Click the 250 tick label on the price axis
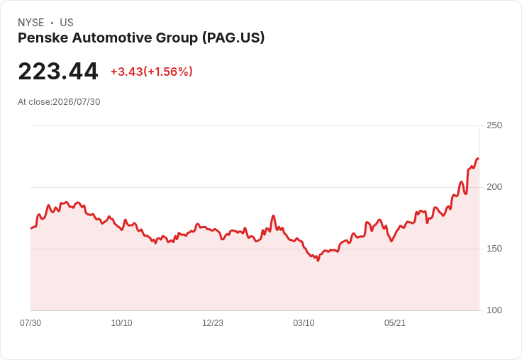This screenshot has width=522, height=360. [x=494, y=125]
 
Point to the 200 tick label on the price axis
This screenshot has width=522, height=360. [x=494, y=187]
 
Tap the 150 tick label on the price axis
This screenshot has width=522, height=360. [x=494, y=249]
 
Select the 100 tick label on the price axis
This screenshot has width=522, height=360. [x=494, y=310]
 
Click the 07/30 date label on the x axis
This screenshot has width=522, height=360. [x=30, y=323]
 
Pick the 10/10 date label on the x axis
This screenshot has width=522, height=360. [x=121, y=323]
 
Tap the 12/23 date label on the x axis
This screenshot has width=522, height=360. [x=213, y=323]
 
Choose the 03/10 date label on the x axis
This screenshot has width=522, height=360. [x=304, y=323]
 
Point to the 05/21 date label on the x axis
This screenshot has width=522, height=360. [x=395, y=323]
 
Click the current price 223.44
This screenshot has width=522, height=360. [x=58, y=72]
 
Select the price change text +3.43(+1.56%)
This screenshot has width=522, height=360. [x=152, y=72]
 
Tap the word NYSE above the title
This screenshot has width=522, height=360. [x=31, y=23]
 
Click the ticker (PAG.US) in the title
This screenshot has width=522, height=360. [x=233, y=38]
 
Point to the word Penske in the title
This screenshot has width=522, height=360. [x=43, y=38]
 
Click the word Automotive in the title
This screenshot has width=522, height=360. [x=112, y=38]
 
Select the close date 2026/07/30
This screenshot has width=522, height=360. [x=76, y=102]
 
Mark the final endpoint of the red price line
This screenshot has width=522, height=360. [x=478, y=159]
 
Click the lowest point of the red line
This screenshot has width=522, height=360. [x=318, y=261]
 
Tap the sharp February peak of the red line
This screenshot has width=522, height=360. [x=273, y=215]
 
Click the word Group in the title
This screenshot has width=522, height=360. [x=177, y=38]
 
